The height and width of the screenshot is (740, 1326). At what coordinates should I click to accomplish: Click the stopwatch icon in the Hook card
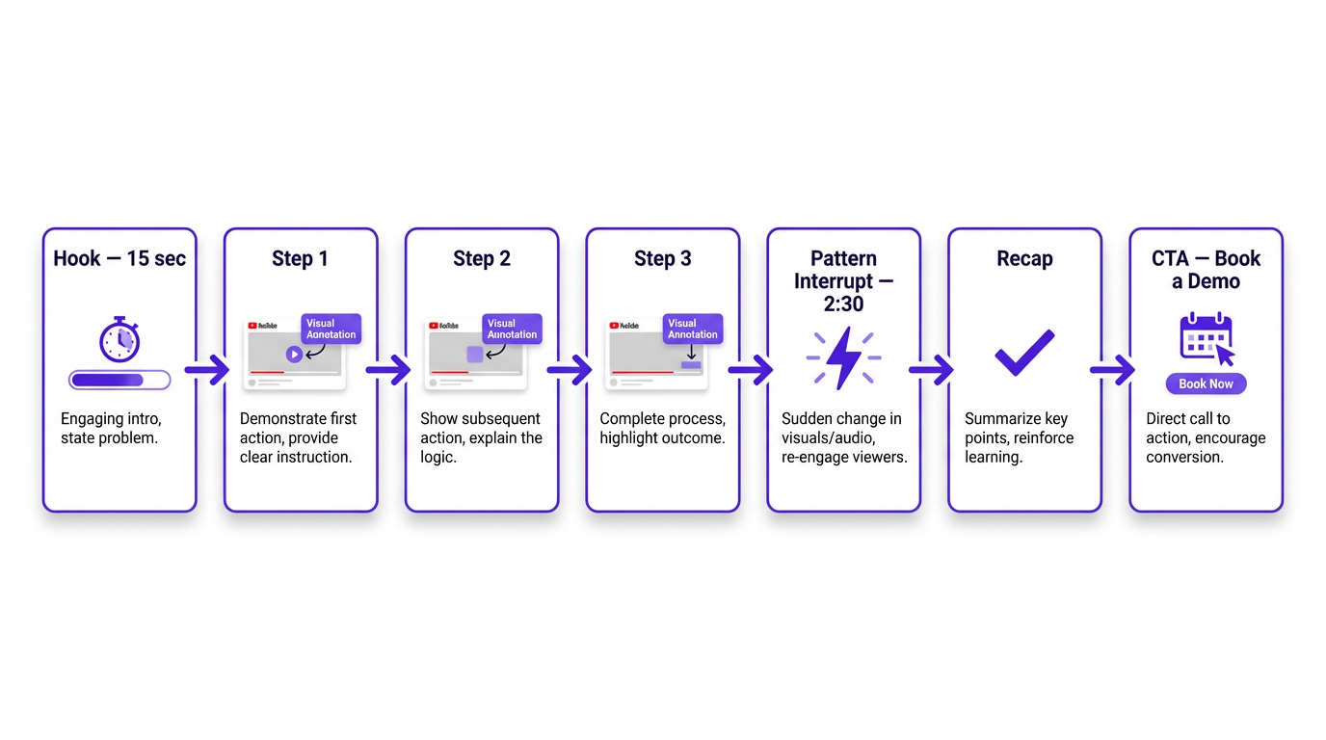[119, 340]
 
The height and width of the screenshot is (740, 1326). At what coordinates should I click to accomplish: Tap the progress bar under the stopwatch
[119, 381]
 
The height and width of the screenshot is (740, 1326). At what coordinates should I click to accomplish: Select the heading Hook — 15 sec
[119, 258]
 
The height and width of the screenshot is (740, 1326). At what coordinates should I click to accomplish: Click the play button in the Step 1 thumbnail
[294, 355]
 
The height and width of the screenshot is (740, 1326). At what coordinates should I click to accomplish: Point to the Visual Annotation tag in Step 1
[331, 329]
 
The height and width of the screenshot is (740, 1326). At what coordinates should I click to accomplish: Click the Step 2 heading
[482, 258]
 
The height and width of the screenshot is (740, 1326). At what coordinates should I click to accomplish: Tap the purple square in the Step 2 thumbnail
[475, 355]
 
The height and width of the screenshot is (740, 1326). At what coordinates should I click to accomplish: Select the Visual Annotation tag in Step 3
[693, 329]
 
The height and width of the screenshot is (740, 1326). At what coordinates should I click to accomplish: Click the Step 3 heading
[663, 258]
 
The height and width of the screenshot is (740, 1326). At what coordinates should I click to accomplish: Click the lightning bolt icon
[844, 357]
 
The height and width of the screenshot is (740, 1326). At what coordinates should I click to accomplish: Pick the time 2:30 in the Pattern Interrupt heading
[844, 304]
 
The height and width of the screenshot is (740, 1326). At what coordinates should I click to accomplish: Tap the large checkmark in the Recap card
[1024, 353]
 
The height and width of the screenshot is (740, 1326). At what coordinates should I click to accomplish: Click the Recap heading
[1024, 258]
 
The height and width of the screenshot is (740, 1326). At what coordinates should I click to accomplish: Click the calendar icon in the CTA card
[1205, 338]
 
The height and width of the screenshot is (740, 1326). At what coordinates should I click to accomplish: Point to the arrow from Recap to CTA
[1114, 369]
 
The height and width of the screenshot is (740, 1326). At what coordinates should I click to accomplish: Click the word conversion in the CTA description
[1184, 457]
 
